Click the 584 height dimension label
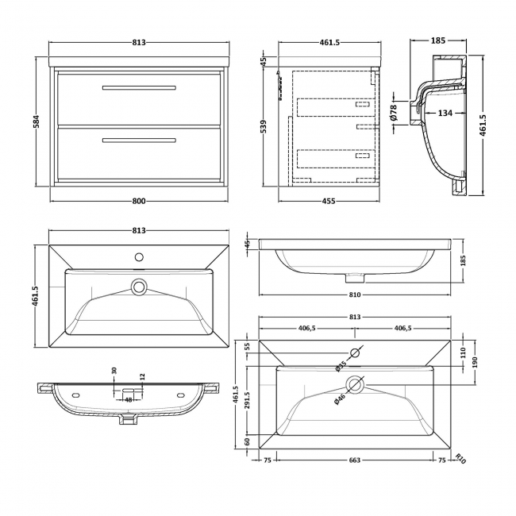point(37,123)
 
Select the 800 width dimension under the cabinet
point(139,201)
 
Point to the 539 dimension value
point(264,126)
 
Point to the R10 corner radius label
point(460,458)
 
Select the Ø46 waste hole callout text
point(339,400)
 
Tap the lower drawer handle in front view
point(138,141)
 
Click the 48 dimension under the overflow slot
point(128,400)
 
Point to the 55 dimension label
point(248,346)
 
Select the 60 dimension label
point(248,441)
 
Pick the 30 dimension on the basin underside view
point(114,372)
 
